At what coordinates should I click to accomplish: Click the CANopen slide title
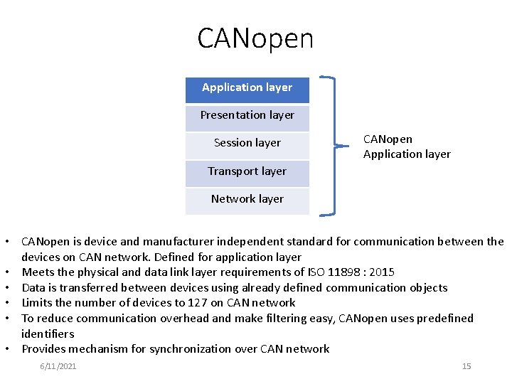pyautogui.click(x=255, y=38)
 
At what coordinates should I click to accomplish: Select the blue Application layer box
pyautogui.click(x=247, y=88)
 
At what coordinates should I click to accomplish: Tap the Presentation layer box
pyautogui.click(x=247, y=116)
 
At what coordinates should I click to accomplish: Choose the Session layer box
pyautogui.click(x=247, y=144)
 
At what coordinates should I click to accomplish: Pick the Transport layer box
pyautogui.click(x=247, y=171)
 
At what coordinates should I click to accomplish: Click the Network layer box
pyautogui.click(x=247, y=199)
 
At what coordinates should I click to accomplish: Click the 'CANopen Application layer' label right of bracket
pyautogui.click(x=407, y=146)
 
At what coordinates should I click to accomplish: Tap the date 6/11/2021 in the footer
pyautogui.click(x=58, y=366)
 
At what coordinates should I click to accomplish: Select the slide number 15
pyautogui.click(x=466, y=366)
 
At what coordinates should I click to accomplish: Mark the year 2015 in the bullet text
pyautogui.click(x=382, y=272)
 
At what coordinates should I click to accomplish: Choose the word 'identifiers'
pyautogui.click(x=48, y=334)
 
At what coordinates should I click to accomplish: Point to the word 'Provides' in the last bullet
pyautogui.click(x=44, y=349)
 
